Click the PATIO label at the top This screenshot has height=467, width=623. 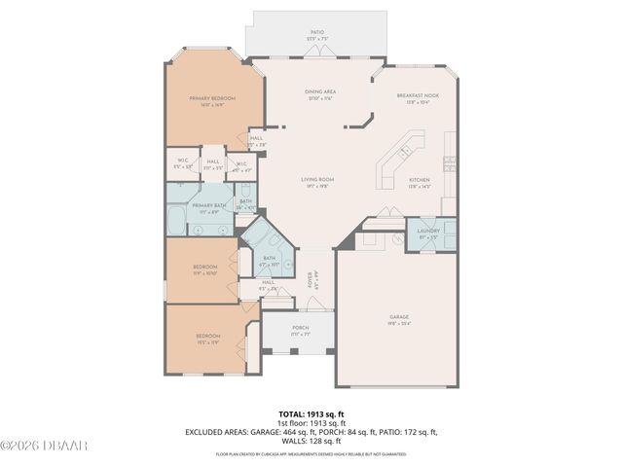pos(317,32)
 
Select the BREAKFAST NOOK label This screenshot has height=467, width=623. pos(418,95)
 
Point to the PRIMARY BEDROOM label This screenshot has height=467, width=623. pos(213,98)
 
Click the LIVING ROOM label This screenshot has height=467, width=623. pos(317,180)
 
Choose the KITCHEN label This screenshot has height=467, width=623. pos(420,181)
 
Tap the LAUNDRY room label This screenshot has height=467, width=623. pos(429,231)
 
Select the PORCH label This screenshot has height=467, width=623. pos(300,328)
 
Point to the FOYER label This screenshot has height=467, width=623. pos(311,279)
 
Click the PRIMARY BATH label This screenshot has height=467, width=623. pos(208,206)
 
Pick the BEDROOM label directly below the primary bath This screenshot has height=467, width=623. pos(204,267)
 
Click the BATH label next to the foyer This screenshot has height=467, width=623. pos(270,259)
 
